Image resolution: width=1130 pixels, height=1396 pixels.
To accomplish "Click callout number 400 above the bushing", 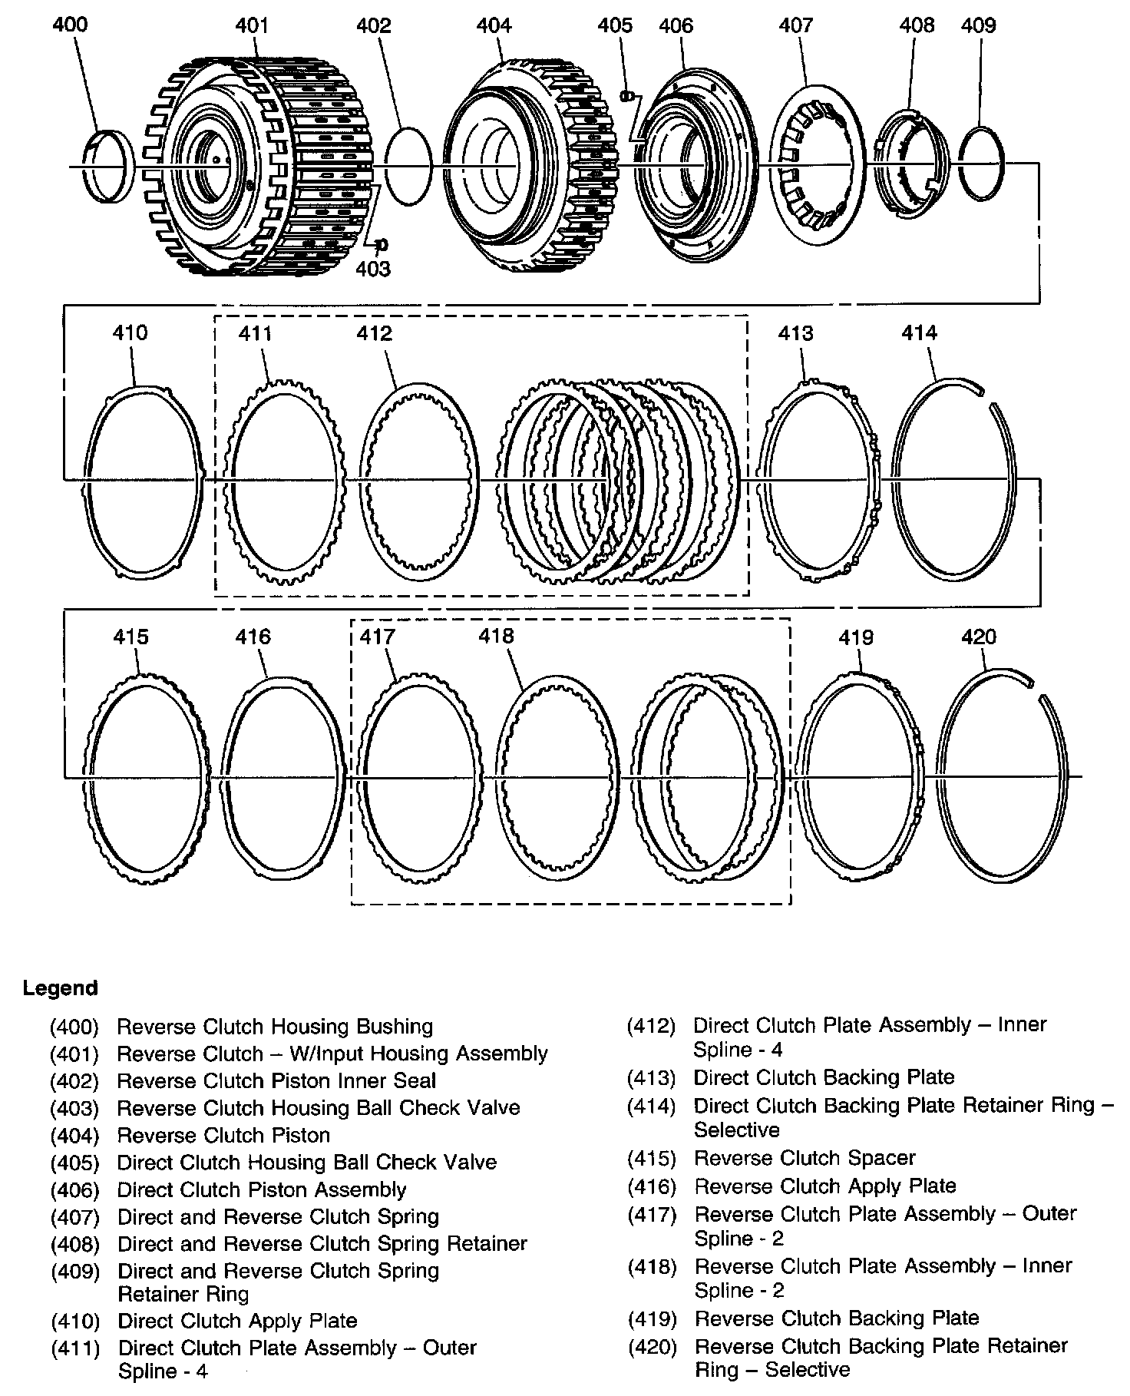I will (x=70, y=25).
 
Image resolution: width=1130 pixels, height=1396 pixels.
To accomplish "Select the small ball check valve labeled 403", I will (x=380, y=244).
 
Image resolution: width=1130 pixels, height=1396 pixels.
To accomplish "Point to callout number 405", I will (x=615, y=25).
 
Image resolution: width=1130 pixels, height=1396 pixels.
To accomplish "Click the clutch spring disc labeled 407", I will (x=818, y=165).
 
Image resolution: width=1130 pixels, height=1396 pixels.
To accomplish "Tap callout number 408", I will (x=917, y=25).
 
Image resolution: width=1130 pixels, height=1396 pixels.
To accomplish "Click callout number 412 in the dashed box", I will (x=374, y=332).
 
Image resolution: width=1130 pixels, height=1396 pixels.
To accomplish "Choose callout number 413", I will (x=795, y=332).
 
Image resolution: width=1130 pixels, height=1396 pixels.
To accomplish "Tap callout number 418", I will (x=496, y=636).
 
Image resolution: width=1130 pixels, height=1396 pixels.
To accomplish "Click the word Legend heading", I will (x=61, y=987).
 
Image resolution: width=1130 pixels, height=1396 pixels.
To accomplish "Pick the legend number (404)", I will (x=74, y=1135).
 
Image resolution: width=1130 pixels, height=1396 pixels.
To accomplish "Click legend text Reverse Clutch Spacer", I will (x=805, y=1158).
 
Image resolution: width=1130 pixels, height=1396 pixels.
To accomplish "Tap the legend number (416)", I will (x=651, y=1186).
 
